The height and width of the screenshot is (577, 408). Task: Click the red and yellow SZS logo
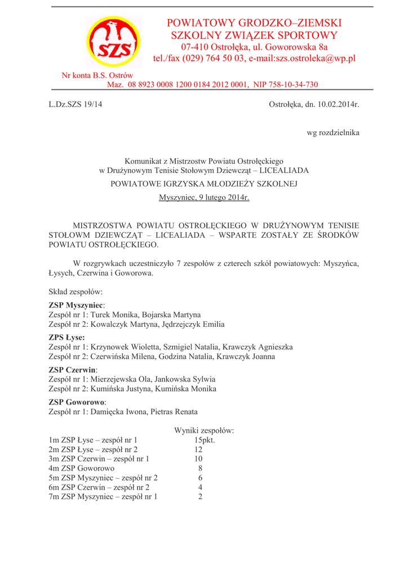pos(113,42)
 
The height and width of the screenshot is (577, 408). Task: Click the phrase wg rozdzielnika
pos(332,133)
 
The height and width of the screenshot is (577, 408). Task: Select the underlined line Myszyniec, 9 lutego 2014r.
pos(204,198)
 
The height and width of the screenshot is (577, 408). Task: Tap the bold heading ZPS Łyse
pos(66,338)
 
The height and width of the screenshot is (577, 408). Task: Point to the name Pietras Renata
pos(174,411)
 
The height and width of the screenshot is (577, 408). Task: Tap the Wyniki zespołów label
pos(204,430)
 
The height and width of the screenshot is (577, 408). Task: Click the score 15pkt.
pos(205,440)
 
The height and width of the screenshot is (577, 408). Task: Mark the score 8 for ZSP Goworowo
pos(200,468)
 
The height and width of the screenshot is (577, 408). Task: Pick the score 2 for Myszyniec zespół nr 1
pos(200,496)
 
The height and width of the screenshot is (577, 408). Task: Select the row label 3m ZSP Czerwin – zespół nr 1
pos(99,459)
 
